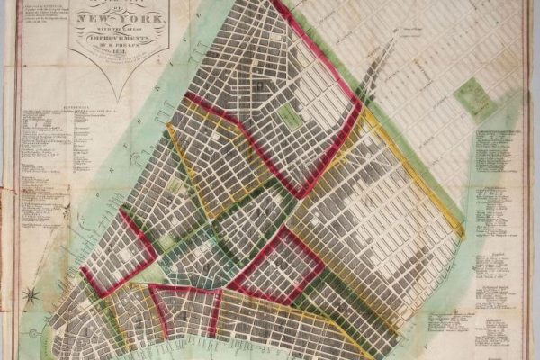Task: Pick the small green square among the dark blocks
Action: (x=289, y=115)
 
